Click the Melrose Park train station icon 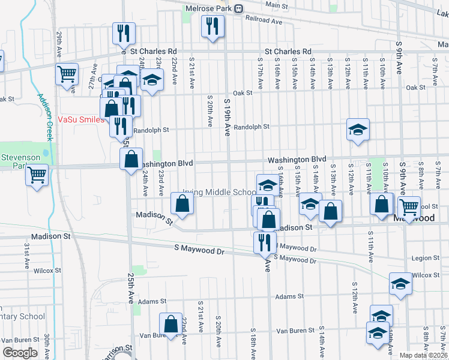tap(239, 8)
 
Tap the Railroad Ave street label tap(264, 21)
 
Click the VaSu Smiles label tap(81, 119)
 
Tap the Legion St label tap(427, 258)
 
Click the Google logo tap(20, 353)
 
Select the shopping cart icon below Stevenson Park tap(37, 175)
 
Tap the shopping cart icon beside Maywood tap(409, 208)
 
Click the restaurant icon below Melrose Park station tap(212, 26)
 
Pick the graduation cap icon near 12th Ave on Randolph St tap(358, 129)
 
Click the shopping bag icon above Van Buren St tap(171, 323)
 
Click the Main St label tap(276, 5)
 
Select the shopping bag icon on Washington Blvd tap(131, 159)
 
